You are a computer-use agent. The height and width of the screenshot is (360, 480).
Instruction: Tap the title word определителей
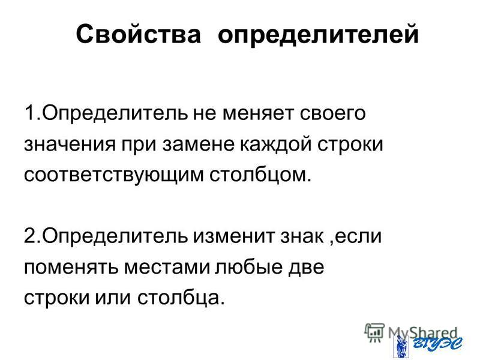coord(318,34)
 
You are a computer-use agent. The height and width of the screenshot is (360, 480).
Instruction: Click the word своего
coord(333,113)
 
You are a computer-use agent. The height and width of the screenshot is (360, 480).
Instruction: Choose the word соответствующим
coord(113,175)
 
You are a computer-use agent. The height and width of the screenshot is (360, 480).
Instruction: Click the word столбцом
coord(260,175)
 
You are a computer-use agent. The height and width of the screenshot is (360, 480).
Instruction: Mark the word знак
coord(302,236)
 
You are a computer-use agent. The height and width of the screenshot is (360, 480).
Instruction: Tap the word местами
coord(167,267)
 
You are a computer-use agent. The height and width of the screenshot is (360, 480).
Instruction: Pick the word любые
coord(249,266)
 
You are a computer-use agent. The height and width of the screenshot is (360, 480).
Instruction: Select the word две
coord(306,266)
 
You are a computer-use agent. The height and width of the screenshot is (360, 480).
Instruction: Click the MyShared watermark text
coord(423,333)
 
